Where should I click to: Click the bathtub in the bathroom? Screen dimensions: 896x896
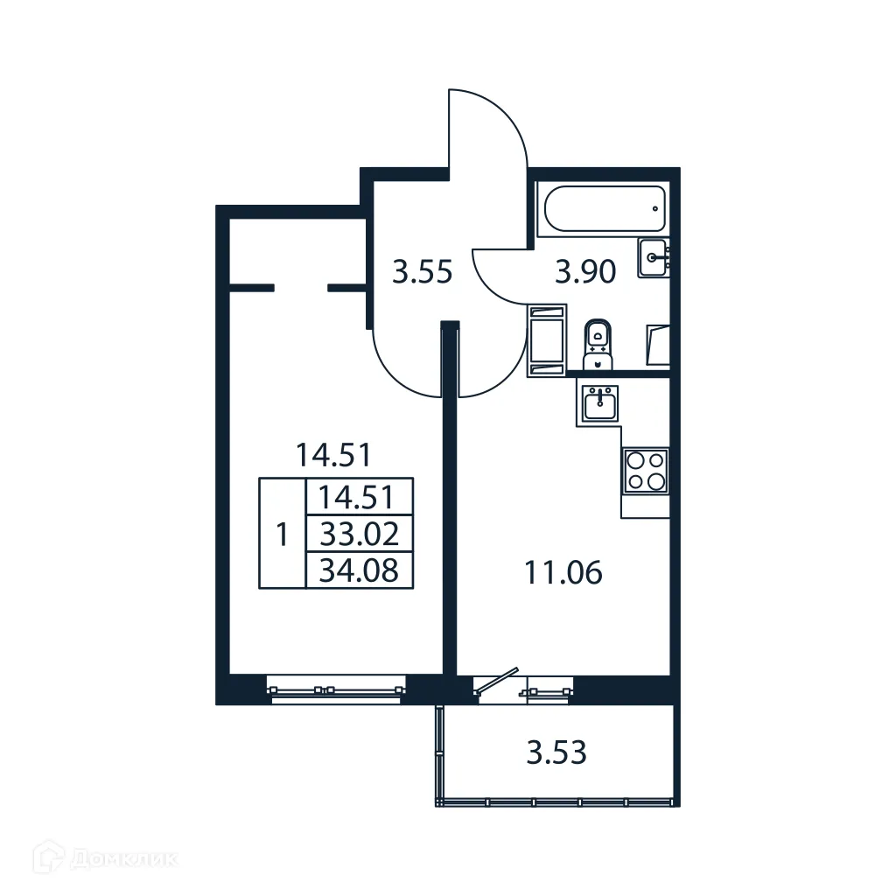pyautogui.click(x=604, y=209)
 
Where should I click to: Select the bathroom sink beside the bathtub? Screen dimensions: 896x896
pyautogui.click(x=654, y=257)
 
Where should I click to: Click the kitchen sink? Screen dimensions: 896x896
pyautogui.click(x=598, y=403)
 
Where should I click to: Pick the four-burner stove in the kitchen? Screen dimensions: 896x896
pyautogui.click(x=645, y=471)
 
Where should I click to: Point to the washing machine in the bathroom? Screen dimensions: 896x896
pyautogui.click(x=547, y=339)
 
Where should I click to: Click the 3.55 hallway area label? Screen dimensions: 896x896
pyautogui.click(x=422, y=273)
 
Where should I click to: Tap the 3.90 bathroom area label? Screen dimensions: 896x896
pyautogui.click(x=586, y=273)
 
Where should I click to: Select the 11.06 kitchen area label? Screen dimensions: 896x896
pyautogui.click(x=563, y=574)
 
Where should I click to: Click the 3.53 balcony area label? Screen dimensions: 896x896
pyautogui.click(x=556, y=752)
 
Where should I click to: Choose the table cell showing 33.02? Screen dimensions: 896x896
pyautogui.click(x=359, y=533)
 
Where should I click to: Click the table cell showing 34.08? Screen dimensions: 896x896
pyautogui.click(x=359, y=570)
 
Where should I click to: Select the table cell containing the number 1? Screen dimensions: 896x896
pyautogui.click(x=282, y=534)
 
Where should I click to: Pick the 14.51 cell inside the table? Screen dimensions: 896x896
pyautogui.click(x=359, y=497)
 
